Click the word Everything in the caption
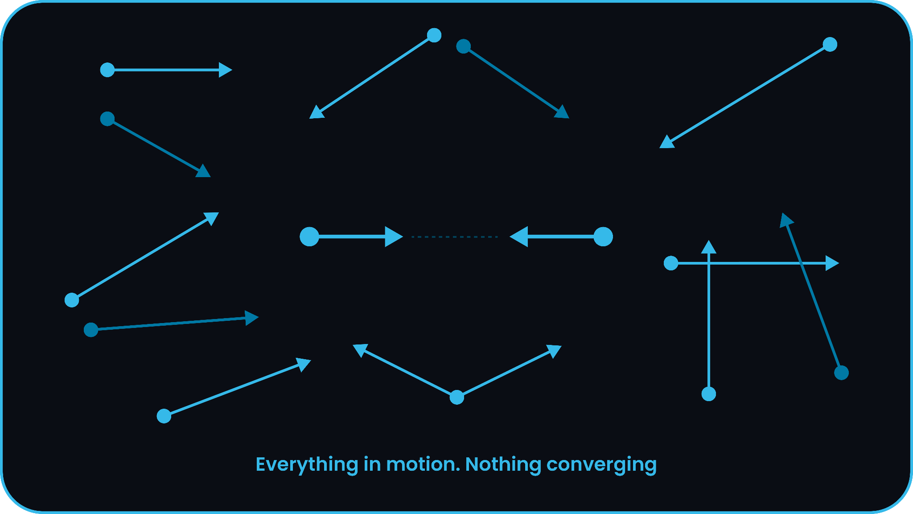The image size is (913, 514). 307,465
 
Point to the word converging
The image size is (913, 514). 601,465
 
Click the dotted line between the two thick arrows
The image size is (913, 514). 454,237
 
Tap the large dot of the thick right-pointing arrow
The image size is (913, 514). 309,236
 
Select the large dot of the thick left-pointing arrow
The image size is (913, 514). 603,236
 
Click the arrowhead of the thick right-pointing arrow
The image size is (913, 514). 393,236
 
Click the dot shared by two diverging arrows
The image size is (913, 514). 457,397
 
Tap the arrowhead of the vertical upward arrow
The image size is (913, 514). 708,247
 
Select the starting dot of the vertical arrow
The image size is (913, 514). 708,394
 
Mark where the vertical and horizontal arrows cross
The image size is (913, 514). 708,263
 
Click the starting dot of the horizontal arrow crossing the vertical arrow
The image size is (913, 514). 671,263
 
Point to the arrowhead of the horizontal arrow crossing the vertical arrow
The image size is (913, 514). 831,263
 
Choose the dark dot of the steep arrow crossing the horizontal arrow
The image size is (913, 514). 841,373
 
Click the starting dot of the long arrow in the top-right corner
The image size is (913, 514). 830,45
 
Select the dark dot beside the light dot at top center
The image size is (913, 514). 464,46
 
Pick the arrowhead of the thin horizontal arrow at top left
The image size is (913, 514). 225,70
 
